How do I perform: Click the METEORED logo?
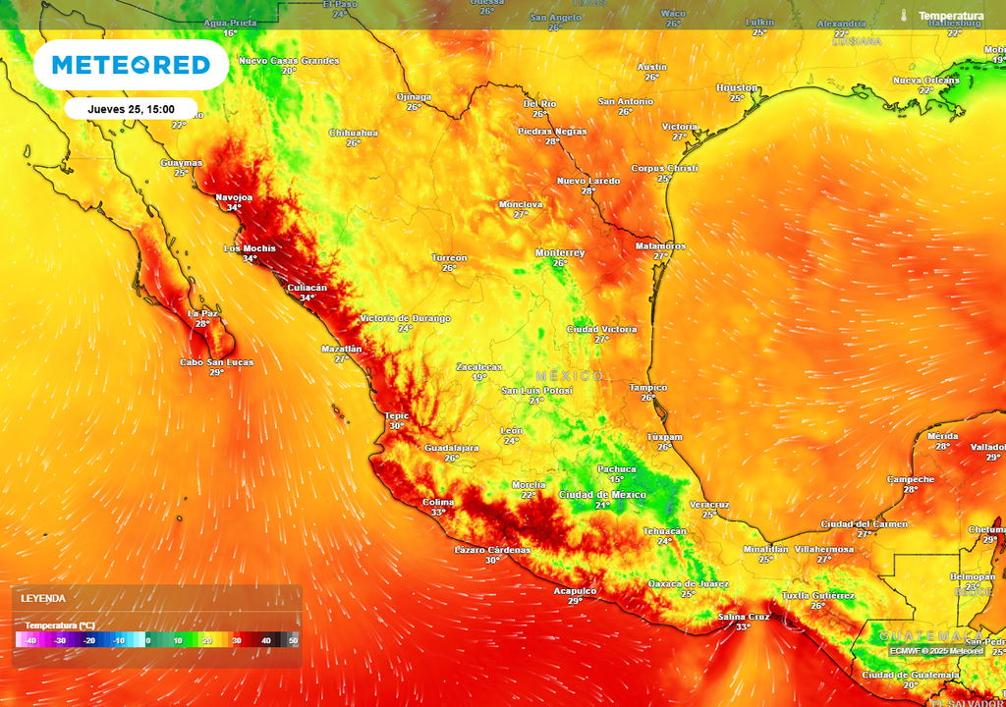click(131, 65)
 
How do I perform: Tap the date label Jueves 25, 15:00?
click(131, 109)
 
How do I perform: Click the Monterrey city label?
click(560, 252)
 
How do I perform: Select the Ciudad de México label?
click(602, 494)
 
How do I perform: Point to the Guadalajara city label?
click(451, 448)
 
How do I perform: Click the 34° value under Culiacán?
click(307, 298)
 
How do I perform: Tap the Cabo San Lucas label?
click(216, 362)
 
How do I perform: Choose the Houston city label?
click(737, 87)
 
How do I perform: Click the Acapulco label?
click(575, 590)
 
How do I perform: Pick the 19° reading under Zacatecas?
click(478, 377)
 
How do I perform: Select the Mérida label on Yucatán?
click(942, 435)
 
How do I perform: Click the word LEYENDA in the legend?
click(44, 598)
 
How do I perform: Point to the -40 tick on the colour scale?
click(31, 640)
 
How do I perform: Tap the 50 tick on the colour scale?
click(293, 640)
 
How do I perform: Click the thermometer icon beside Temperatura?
click(903, 16)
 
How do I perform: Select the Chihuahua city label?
click(354, 132)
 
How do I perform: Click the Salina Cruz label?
click(743, 616)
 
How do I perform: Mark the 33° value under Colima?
click(438, 512)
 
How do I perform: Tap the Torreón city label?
click(449, 257)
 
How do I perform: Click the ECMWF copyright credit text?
click(936, 650)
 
